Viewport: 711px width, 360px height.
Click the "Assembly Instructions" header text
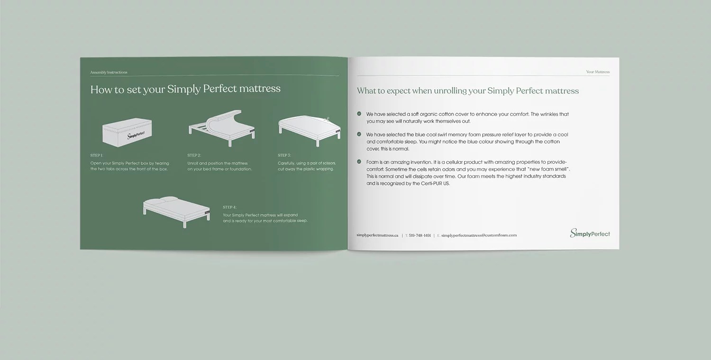pyautogui.click(x=109, y=72)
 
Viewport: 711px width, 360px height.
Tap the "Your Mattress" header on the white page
pyautogui.click(x=598, y=72)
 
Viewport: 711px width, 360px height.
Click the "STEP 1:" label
pyautogui.click(x=97, y=155)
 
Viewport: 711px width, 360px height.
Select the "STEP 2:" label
pyautogui.click(x=194, y=155)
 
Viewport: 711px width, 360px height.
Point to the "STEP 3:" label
pyautogui.click(x=284, y=155)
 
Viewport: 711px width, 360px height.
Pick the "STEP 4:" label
pyautogui.click(x=229, y=207)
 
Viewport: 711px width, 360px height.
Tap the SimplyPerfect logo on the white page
pyautogui.click(x=590, y=233)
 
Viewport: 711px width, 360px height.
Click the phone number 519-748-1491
pyautogui.click(x=419, y=235)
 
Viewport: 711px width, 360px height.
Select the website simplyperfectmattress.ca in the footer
pyautogui.click(x=377, y=235)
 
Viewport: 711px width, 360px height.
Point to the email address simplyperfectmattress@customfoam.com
pyautogui.click(x=479, y=235)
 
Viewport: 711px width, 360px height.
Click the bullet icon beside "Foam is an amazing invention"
pyautogui.click(x=359, y=162)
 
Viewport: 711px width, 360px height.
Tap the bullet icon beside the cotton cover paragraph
pyautogui.click(x=359, y=114)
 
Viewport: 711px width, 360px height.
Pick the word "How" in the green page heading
pyautogui.click(x=100, y=89)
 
